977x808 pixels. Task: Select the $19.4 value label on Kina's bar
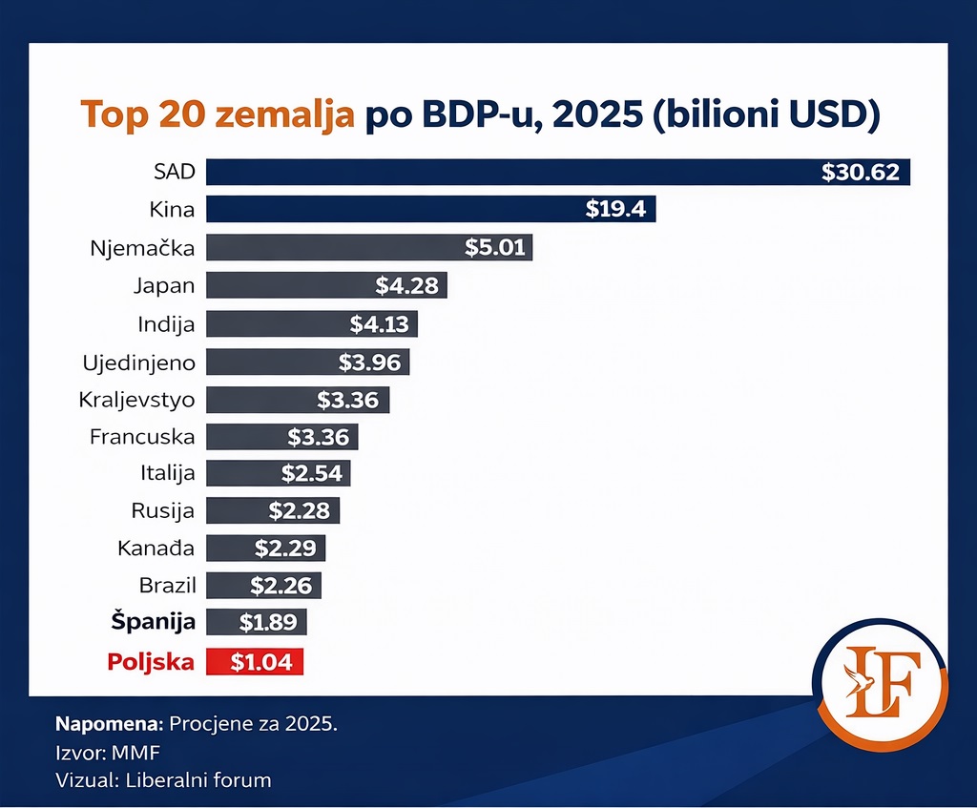615,209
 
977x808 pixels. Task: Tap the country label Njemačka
142,248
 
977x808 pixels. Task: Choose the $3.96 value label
373,362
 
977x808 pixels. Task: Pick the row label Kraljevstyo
136,400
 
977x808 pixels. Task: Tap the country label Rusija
162,510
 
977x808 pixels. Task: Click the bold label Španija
153,622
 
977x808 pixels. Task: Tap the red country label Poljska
151,661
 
